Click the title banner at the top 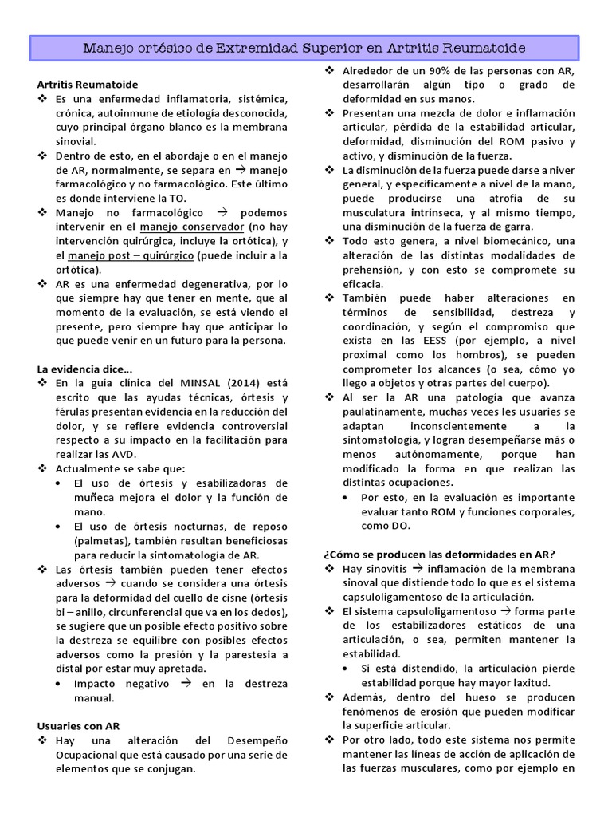(305, 49)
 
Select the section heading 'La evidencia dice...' (85, 368)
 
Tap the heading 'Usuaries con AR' (79, 726)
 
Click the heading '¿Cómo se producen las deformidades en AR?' (439, 555)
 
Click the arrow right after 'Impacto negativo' (184, 683)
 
